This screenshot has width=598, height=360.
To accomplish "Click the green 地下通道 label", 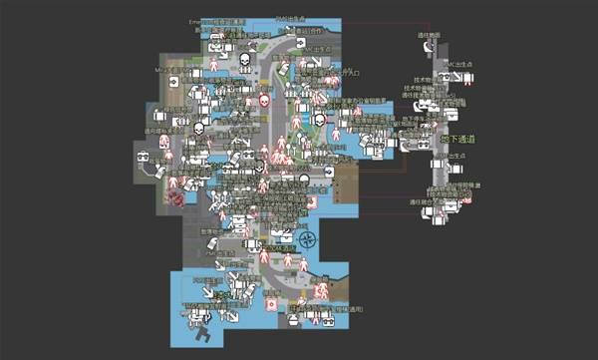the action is (x=457, y=139).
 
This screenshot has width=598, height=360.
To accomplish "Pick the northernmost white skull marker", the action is (x=244, y=63).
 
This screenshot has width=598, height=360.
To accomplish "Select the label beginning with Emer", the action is (x=195, y=21).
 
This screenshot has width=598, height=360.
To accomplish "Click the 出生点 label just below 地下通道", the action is (x=457, y=156).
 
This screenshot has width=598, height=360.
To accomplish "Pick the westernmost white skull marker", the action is (x=197, y=129).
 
